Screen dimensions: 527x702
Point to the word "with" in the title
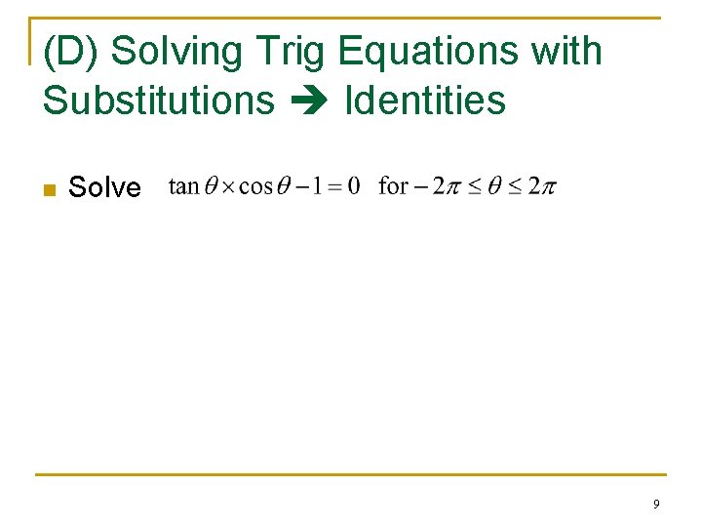coord(566,51)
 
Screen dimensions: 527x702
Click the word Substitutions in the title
coord(159,100)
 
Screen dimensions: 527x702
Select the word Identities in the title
coord(426,100)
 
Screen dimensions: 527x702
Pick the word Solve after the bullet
coord(104,187)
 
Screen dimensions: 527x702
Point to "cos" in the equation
coord(255,185)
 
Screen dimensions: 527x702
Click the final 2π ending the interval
coord(544,185)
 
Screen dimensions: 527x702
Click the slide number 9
coord(656,504)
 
